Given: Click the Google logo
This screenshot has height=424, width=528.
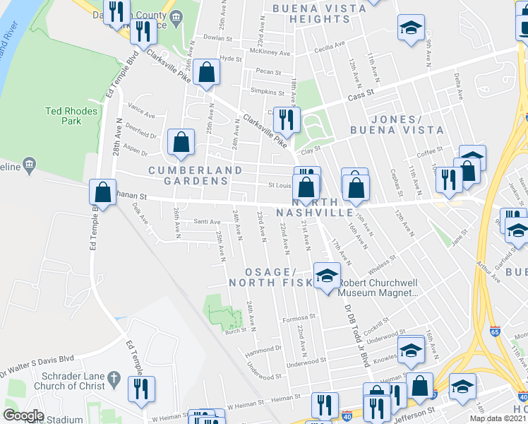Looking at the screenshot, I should (23, 416).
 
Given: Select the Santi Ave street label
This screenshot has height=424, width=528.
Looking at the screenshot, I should (208, 222).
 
